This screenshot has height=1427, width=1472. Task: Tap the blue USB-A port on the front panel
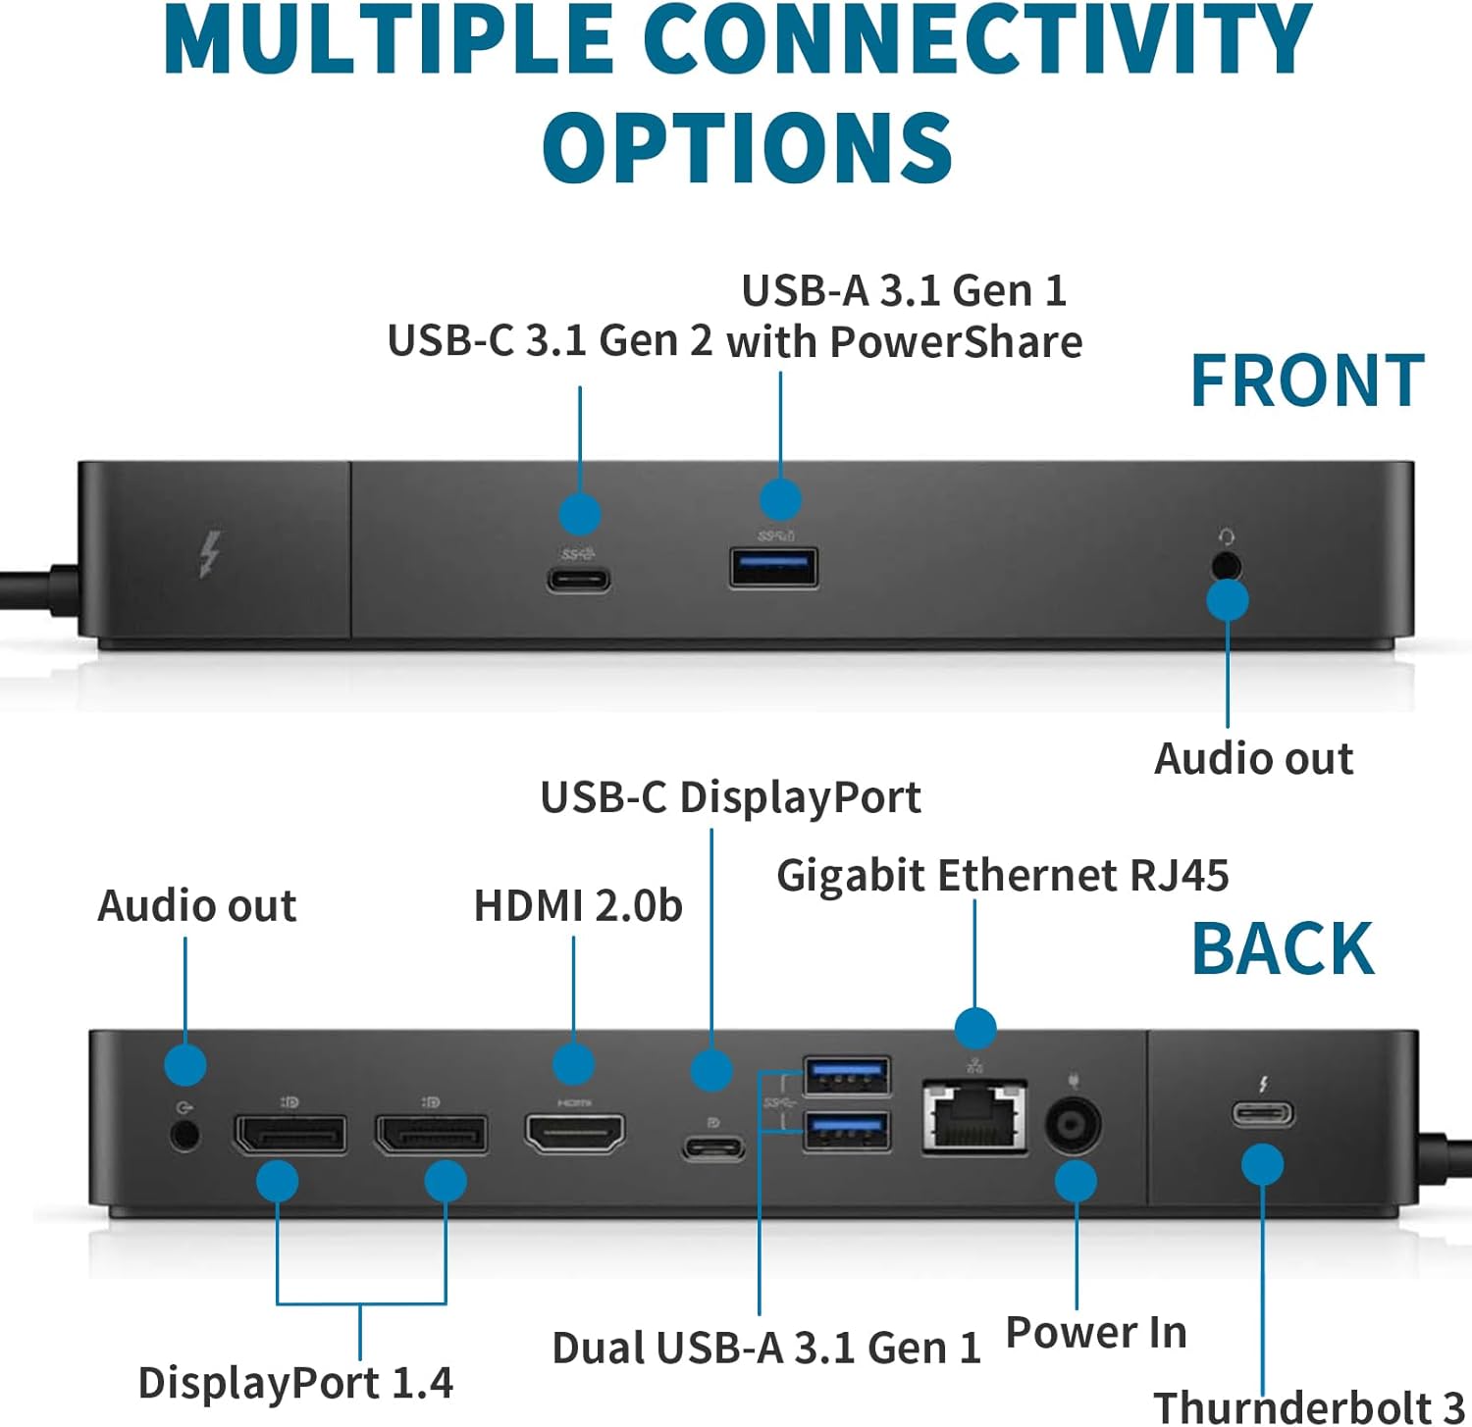[x=773, y=568]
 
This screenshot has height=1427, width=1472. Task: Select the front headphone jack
[x=1225, y=566]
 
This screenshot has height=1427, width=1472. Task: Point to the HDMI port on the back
[x=574, y=1134]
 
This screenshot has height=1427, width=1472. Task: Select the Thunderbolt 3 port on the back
[x=1263, y=1114]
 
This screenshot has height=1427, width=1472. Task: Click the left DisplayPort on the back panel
[x=289, y=1134]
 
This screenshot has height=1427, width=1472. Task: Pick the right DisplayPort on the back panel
[x=431, y=1134]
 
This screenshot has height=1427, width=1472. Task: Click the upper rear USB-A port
[x=846, y=1076]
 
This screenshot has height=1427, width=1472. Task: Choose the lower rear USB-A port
[x=846, y=1130]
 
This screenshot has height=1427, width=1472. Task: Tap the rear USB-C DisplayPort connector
[x=713, y=1147]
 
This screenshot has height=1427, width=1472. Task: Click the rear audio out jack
[x=184, y=1136]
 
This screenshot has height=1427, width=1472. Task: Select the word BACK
[x=1283, y=948]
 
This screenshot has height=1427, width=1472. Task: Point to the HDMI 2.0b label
[x=578, y=905]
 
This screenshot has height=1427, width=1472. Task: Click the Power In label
[x=1096, y=1332]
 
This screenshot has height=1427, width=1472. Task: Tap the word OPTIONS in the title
[x=747, y=147]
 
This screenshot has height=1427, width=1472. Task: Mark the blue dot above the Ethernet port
[x=974, y=1028]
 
